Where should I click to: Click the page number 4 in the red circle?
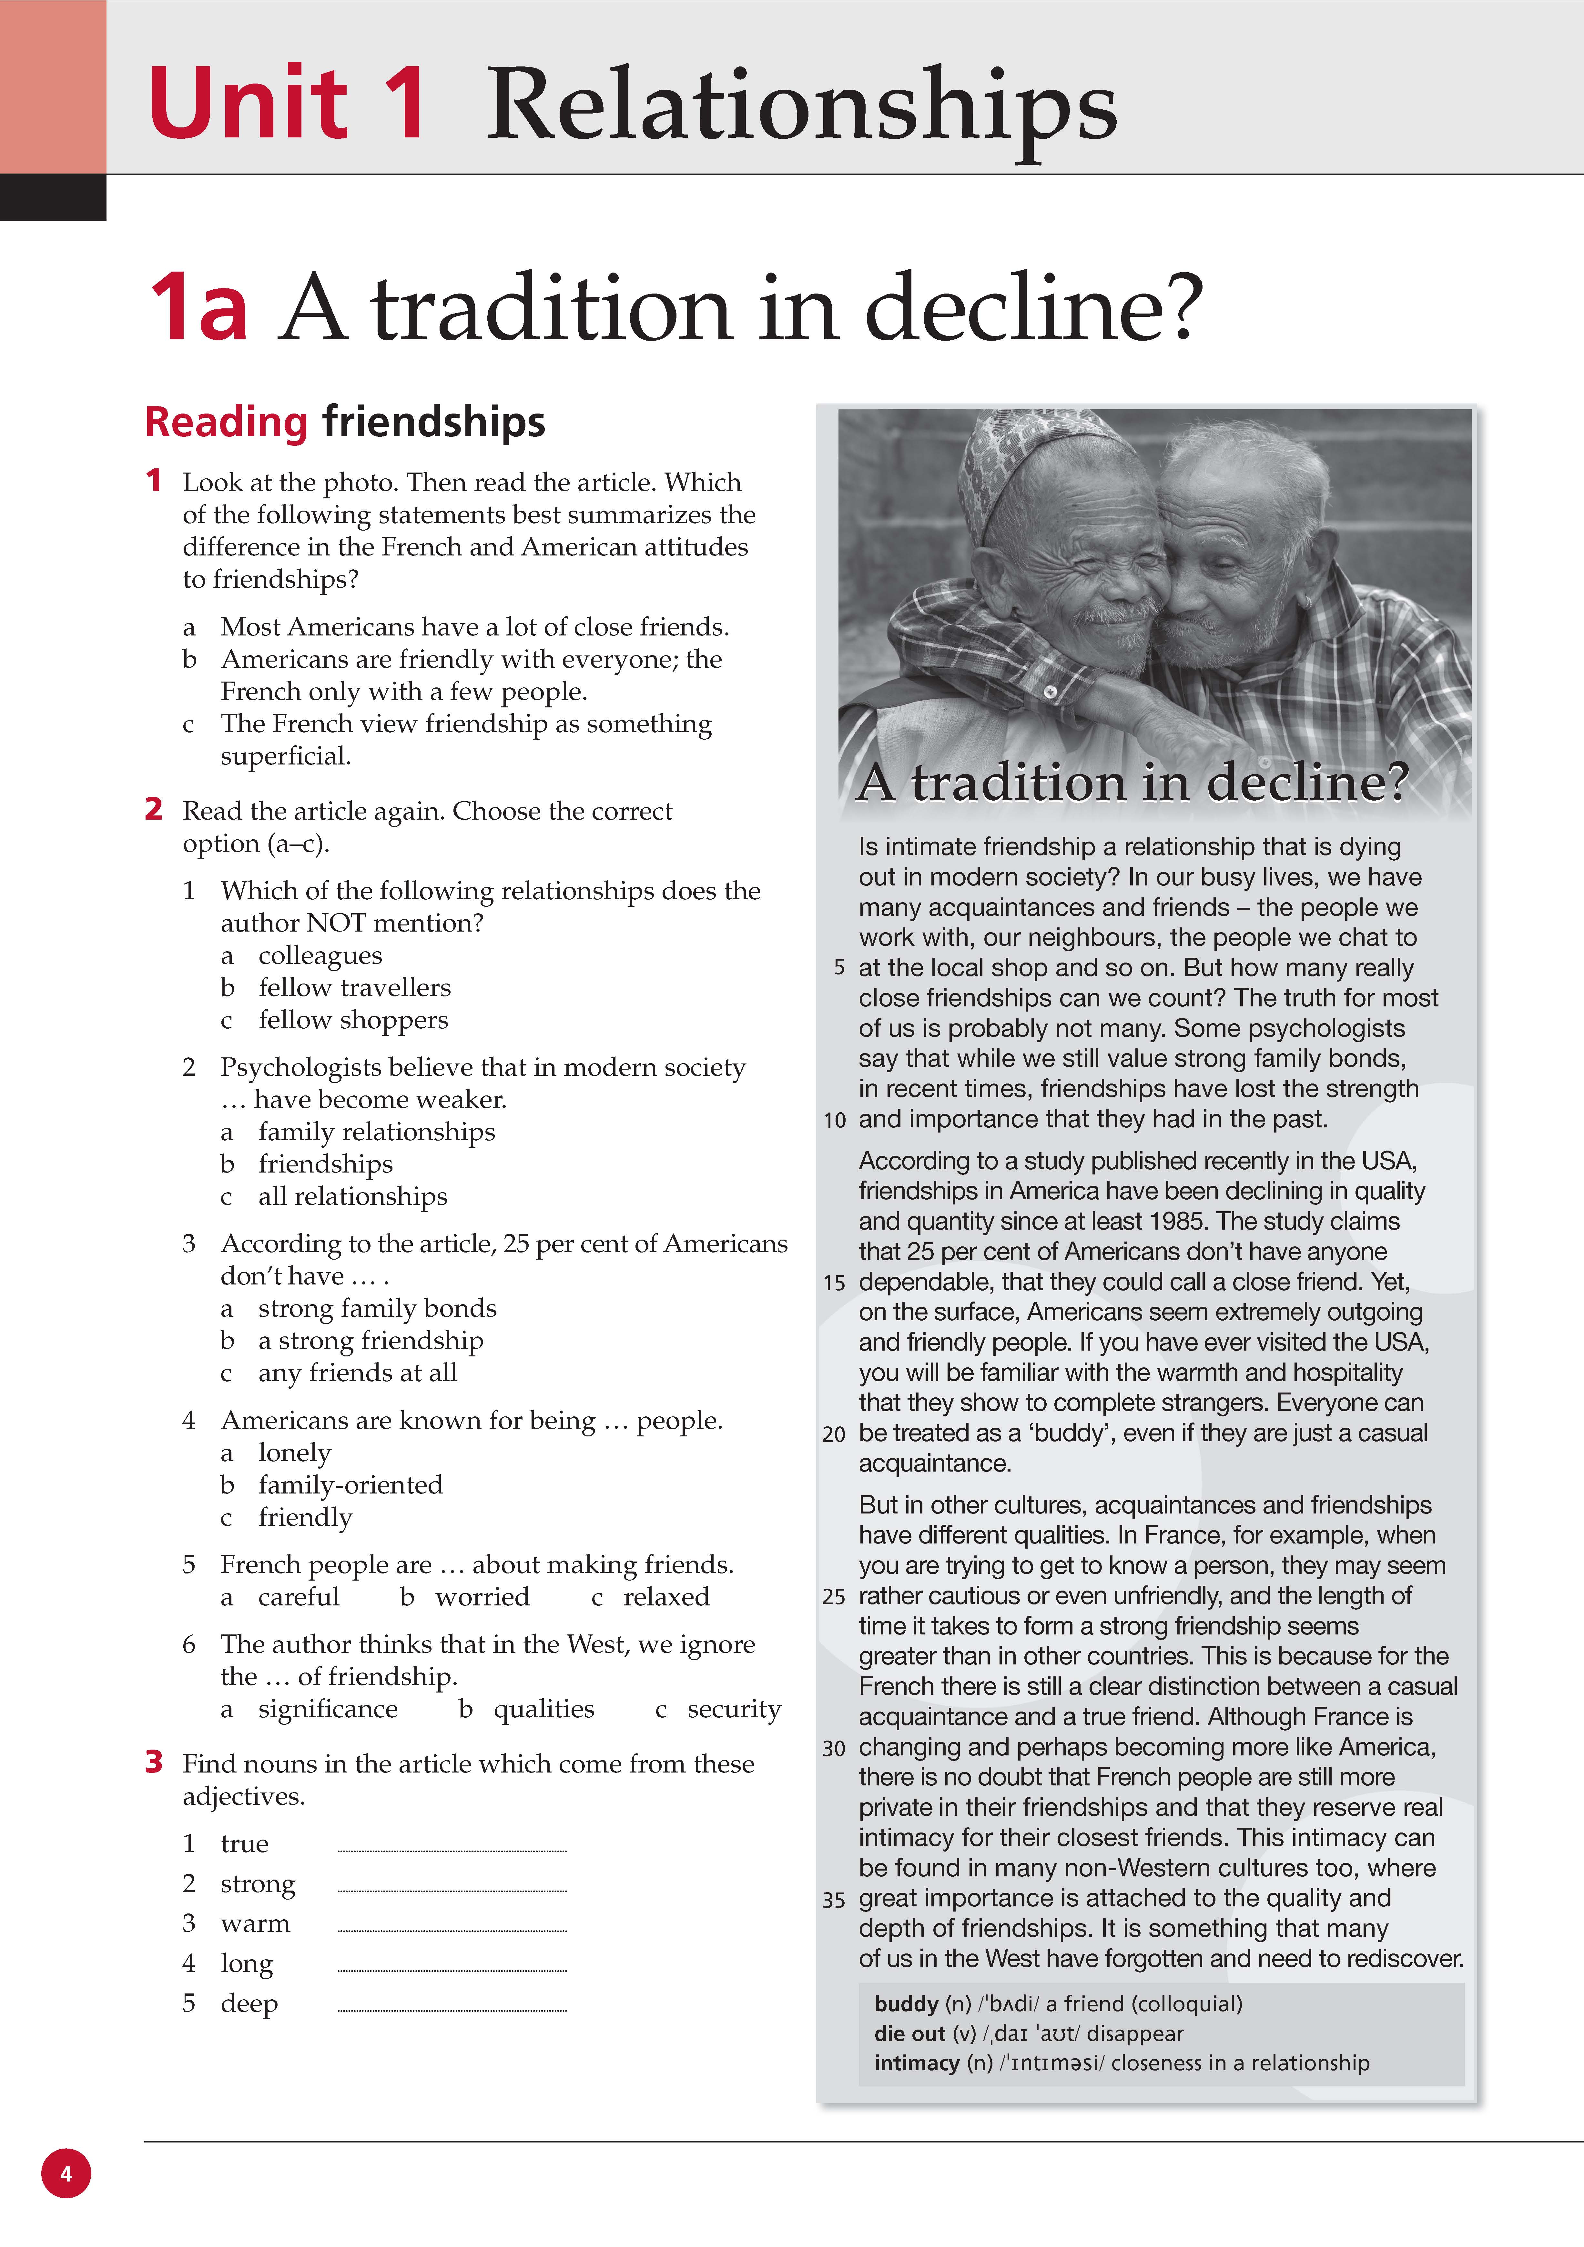[x=66, y=2173]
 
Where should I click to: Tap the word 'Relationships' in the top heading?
[x=801, y=106]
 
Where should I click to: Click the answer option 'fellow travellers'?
[x=354, y=987]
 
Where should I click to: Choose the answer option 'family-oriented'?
[x=350, y=1485]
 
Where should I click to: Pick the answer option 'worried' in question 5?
[x=482, y=1597]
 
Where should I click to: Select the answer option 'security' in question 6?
[x=733, y=1709]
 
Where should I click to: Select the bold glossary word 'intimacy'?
[x=916, y=2063]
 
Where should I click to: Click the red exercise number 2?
[x=154, y=809]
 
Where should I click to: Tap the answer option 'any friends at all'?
[x=357, y=1373]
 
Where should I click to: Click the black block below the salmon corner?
[x=53, y=198]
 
